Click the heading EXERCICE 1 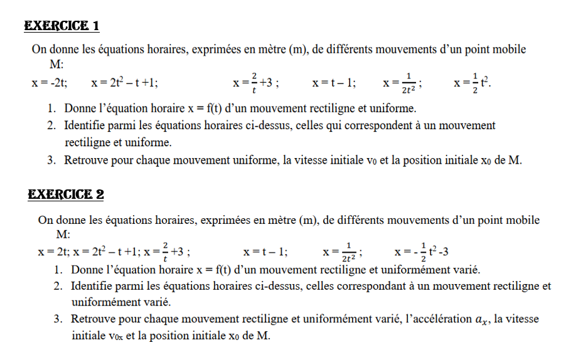[x=61, y=26]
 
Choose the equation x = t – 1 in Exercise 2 [x=265, y=252]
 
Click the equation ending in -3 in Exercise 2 [x=420, y=252]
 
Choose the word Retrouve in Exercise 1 [x=85, y=160]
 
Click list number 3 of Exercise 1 [x=51, y=160]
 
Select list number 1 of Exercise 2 [x=58, y=270]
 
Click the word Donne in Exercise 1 [x=79, y=109]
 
